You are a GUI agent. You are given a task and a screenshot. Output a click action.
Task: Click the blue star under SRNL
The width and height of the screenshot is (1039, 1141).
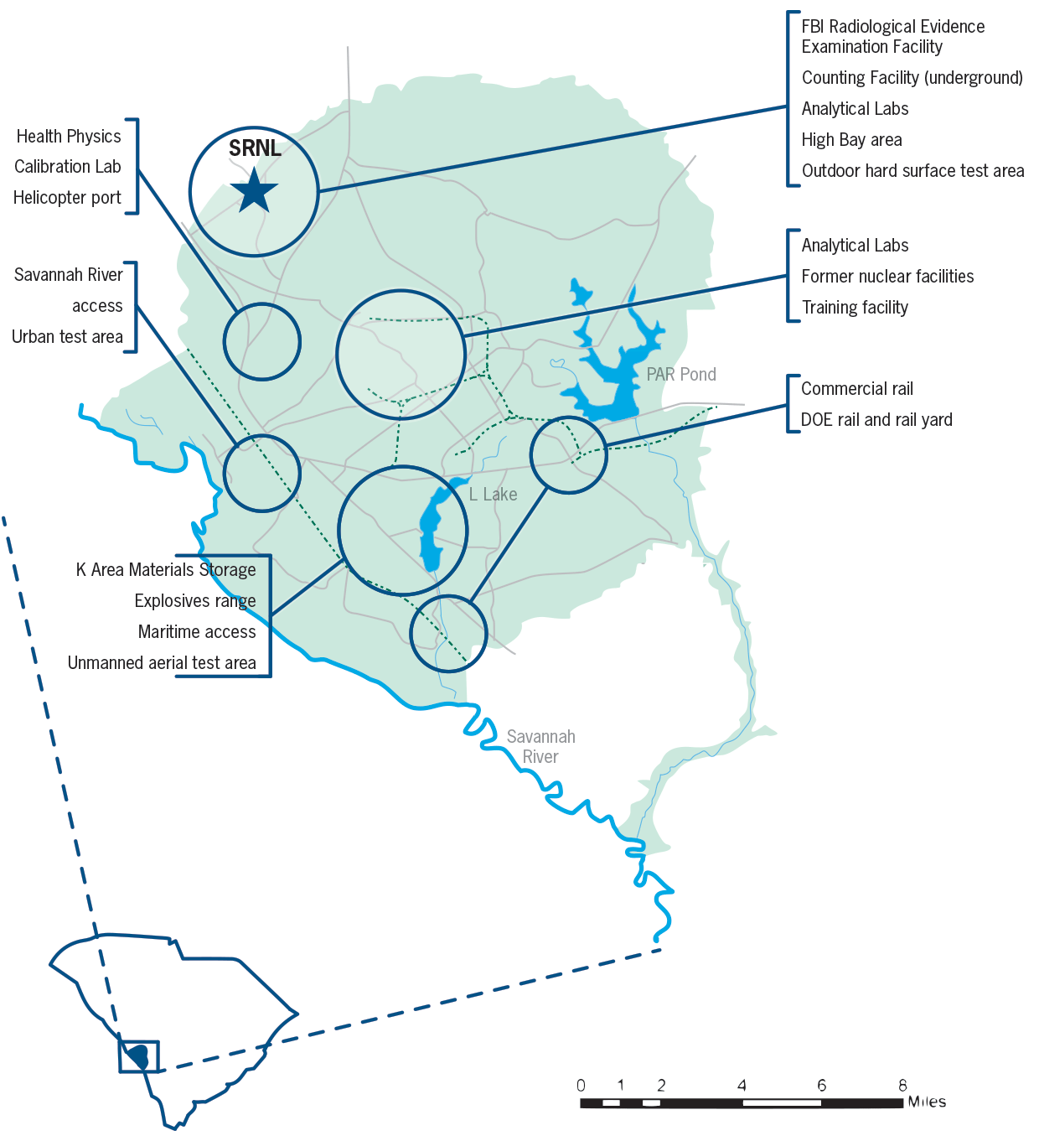click(x=253, y=191)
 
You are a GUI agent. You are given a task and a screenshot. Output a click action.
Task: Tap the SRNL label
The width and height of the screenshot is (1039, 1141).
click(x=255, y=148)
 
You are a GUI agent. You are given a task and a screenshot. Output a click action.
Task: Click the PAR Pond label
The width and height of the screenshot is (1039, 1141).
click(x=681, y=375)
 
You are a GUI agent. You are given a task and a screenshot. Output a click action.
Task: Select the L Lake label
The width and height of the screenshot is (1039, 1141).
click(x=493, y=495)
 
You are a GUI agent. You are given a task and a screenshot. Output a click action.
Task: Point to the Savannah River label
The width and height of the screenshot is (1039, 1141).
click(x=540, y=746)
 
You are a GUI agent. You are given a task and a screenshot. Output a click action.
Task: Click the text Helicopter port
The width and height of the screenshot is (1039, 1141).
click(x=67, y=198)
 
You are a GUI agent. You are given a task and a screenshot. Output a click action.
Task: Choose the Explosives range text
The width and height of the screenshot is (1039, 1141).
click(x=195, y=601)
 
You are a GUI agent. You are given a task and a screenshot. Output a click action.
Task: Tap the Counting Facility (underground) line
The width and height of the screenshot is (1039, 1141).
click(x=912, y=78)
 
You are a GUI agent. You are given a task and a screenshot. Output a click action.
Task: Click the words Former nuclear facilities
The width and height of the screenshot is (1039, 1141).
click(x=887, y=277)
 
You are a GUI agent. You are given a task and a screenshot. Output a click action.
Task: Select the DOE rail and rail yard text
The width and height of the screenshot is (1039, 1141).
click(x=876, y=420)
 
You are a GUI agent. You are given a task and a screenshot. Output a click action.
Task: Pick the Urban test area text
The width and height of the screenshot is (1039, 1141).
click(x=67, y=337)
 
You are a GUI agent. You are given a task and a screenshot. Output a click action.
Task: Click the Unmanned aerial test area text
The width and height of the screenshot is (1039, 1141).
click(x=162, y=663)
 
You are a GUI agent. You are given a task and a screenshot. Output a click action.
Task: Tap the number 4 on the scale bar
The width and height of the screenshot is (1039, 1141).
click(x=742, y=1086)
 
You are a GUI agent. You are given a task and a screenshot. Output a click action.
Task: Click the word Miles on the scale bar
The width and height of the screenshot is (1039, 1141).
click(x=927, y=1102)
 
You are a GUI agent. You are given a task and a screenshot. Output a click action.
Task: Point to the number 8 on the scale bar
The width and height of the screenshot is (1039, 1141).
click(x=902, y=1086)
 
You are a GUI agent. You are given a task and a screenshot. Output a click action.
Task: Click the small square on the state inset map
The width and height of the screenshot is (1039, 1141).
click(x=139, y=1056)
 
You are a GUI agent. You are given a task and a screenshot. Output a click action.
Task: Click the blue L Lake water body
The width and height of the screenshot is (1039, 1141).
click(x=432, y=528)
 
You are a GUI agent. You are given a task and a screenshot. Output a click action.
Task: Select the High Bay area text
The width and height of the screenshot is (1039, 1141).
click(x=851, y=140)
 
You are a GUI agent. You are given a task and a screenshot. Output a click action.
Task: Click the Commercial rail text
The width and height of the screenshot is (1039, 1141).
click(x=856, y=389)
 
